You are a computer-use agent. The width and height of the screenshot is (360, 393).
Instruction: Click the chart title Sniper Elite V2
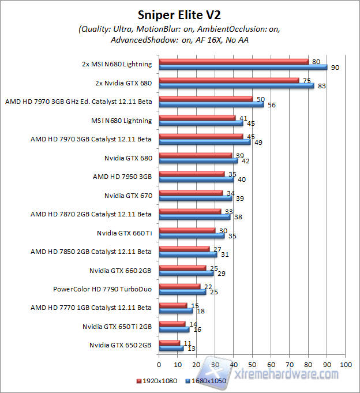point(179,14)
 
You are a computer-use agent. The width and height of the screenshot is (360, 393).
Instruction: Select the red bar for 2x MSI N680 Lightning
point(234,61)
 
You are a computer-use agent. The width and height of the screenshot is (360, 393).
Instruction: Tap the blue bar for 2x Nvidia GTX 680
point(237,85)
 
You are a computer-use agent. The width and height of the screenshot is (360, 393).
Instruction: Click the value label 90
point(335,68)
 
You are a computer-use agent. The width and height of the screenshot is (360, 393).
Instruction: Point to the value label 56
point(271,105)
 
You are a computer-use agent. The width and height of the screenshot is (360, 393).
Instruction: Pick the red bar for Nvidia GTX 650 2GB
point(169,343)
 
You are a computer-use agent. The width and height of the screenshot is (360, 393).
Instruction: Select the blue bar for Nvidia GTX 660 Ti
point(192,235)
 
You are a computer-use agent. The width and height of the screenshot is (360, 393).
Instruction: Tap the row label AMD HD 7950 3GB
point(122,177)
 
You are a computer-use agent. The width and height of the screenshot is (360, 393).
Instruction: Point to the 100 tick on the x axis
point(346,365)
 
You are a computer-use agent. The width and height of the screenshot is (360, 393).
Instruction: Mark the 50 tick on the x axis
point(252,365)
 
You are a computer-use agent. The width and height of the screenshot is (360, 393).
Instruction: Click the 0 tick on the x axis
point(159,365)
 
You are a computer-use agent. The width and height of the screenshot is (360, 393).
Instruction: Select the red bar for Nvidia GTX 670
point(190,193)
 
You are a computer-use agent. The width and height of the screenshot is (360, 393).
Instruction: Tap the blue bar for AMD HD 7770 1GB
point(175,310)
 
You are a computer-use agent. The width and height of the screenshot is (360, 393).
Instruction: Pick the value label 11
point(187,343)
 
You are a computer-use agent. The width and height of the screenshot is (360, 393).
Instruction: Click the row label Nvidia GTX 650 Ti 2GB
point(121,326)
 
